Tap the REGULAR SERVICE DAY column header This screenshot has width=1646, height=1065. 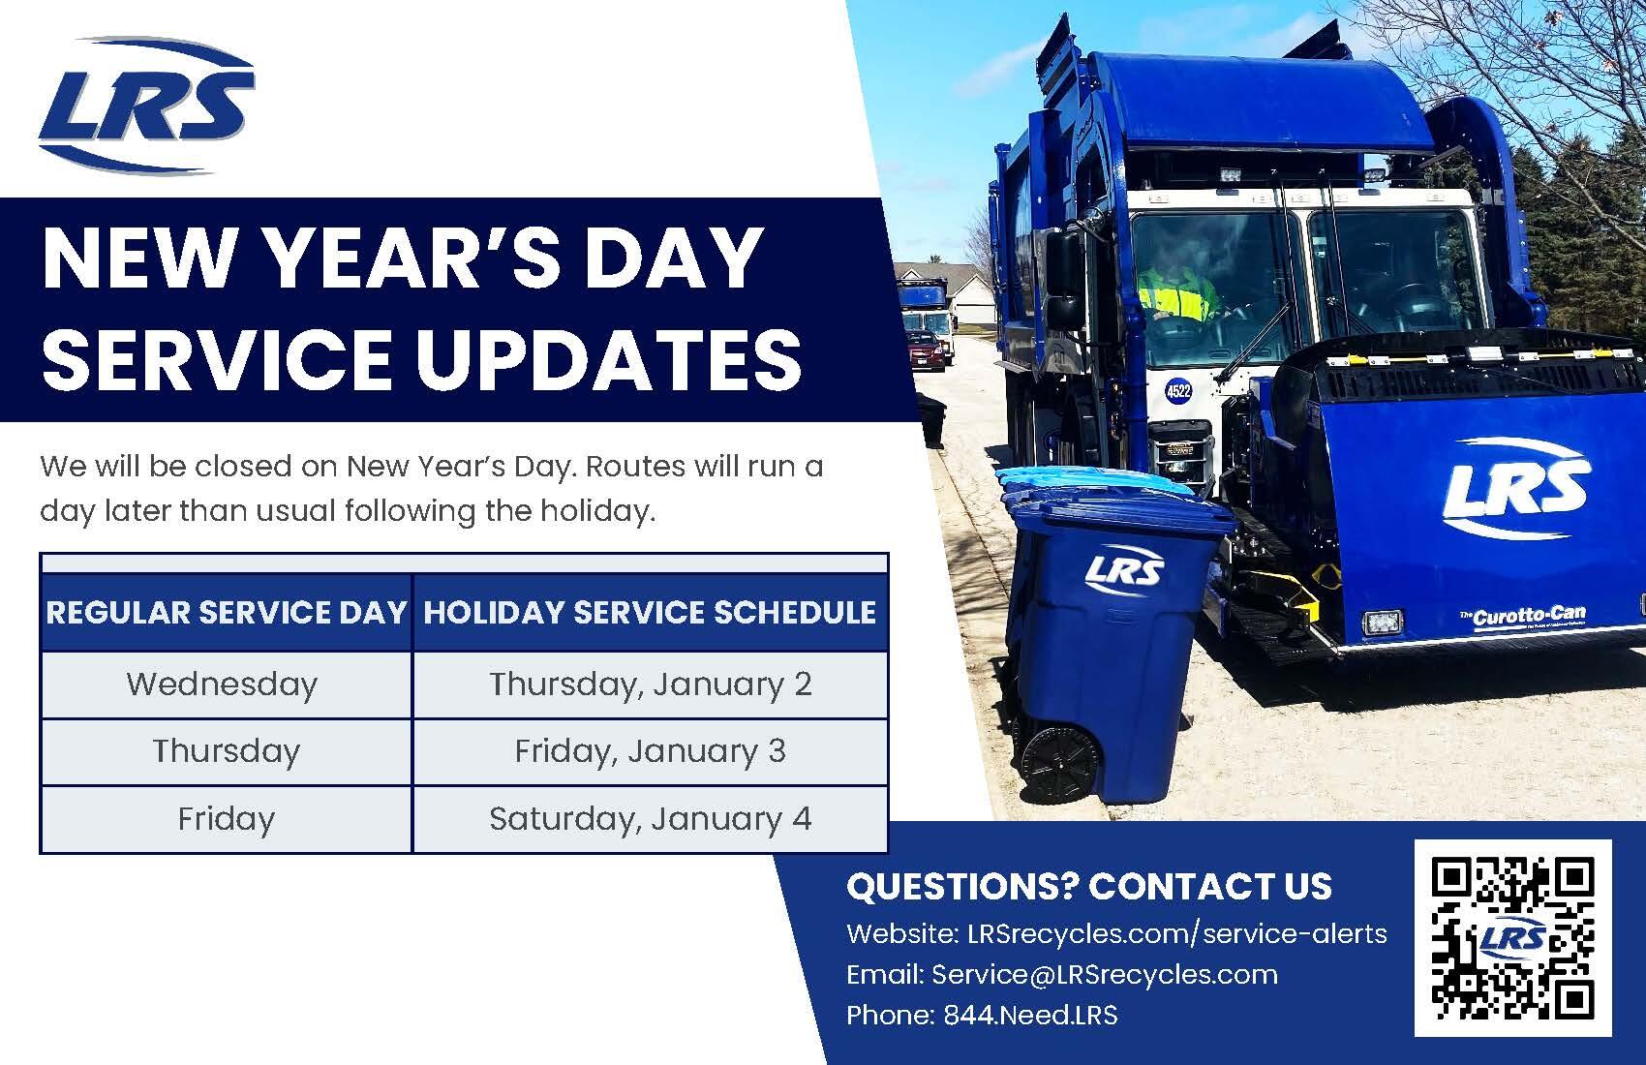pos(227,613)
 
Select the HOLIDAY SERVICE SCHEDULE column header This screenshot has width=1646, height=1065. pos(650,613)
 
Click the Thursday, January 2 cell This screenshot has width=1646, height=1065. pos(650,685)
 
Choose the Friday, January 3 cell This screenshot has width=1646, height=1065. pos(650,751)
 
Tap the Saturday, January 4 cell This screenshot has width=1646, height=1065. pos(650,819)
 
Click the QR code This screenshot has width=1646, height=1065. pos(1512,936)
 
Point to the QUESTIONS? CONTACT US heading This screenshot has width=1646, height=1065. pos(1088,886)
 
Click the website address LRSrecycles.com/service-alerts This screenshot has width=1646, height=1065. pos(1176,933)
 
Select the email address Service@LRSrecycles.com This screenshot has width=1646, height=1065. pos(1104,974)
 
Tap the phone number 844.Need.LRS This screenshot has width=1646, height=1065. pos(1030,1015)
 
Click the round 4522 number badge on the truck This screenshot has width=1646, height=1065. pos(1178,392)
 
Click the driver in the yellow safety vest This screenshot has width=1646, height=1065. pos(1175,290)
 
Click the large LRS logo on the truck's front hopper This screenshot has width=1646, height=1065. pos(1515,490)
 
